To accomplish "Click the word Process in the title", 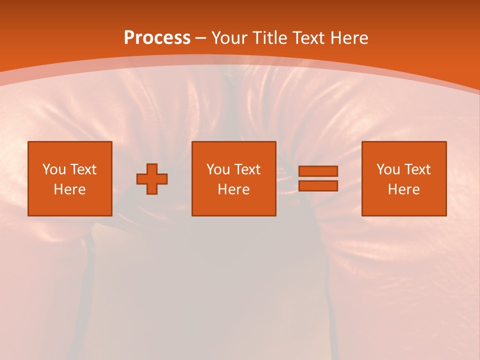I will (157, 38).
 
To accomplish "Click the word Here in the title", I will (350, 38).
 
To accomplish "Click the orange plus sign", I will (152, 179).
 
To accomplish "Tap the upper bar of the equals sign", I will (318, 171).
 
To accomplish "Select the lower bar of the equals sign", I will (318, 185).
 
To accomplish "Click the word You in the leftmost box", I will (54, 169).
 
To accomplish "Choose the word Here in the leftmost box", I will (70, 189).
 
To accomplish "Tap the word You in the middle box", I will (218, 169).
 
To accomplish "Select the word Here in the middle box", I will (234, 189).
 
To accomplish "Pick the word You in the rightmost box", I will (388, 169).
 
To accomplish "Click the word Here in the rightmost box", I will (404, 189).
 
